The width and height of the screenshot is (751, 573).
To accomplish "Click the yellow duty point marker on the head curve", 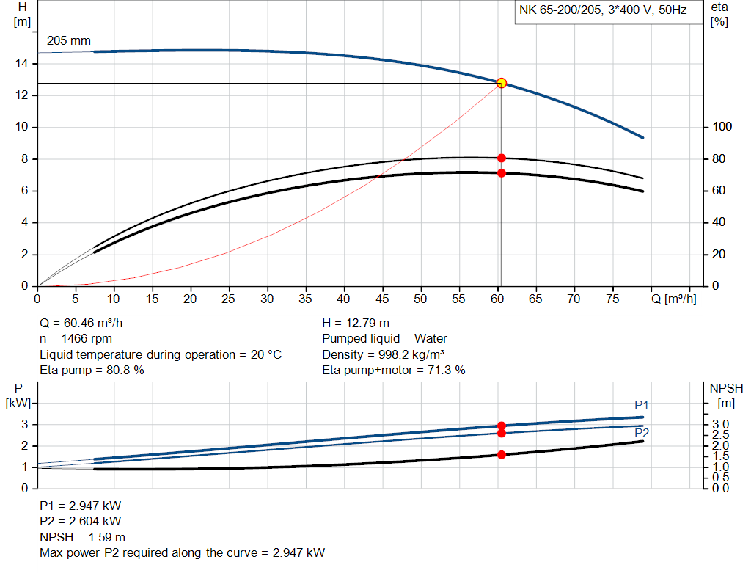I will click(x=502, y=83).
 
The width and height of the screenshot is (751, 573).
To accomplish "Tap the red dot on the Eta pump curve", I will click(x=502, y=158).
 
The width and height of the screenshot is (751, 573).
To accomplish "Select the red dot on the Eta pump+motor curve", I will click(x=502, y=173).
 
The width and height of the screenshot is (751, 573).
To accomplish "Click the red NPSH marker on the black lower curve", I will click(x=502, y=455).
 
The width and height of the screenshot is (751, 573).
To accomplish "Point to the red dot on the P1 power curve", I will click(x=502, y=426).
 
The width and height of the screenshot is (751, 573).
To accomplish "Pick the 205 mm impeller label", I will click(x=69, y=41).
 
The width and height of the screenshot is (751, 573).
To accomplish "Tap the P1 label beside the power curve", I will click(x=642, y=405).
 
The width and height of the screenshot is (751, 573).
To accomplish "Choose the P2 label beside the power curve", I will click(x=641, y=434).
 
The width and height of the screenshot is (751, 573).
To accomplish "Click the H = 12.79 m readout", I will click(x=356, y=323).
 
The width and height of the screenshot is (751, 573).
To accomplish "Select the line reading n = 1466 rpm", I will click(x=77, y=338).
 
